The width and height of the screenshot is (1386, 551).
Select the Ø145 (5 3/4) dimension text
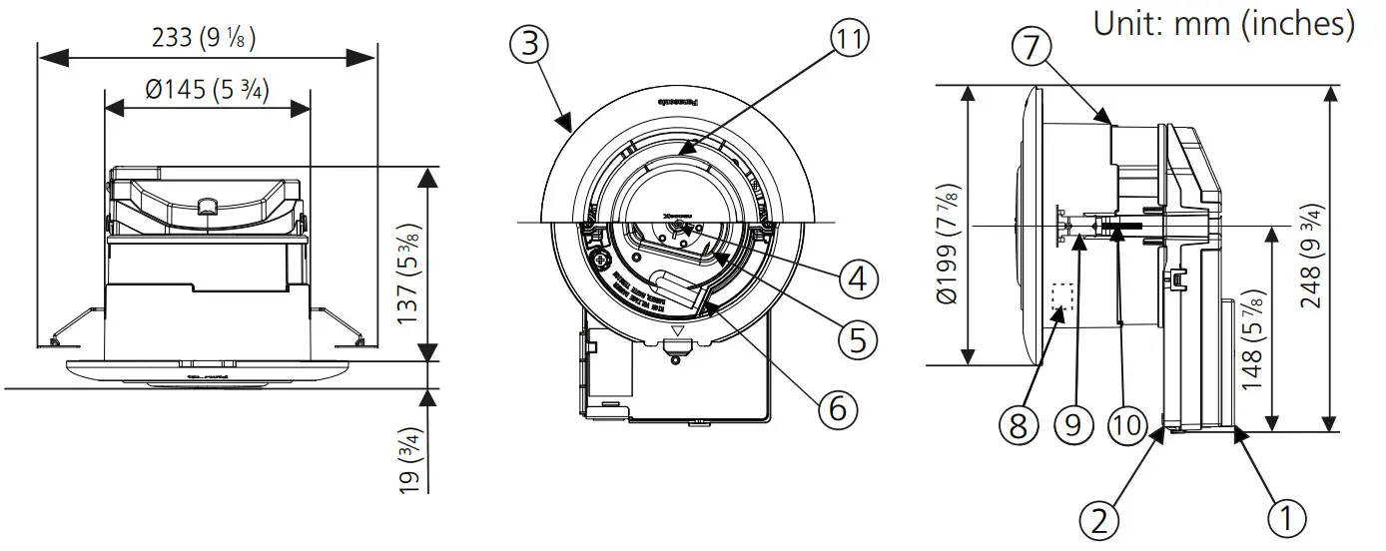click(208, 89)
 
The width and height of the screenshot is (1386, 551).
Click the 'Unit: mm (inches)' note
click(1224, 23)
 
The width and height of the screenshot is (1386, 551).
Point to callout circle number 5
click(857, 340)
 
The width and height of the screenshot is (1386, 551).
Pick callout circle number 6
click(837, 407)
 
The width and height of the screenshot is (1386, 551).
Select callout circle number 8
click(1018, 426)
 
